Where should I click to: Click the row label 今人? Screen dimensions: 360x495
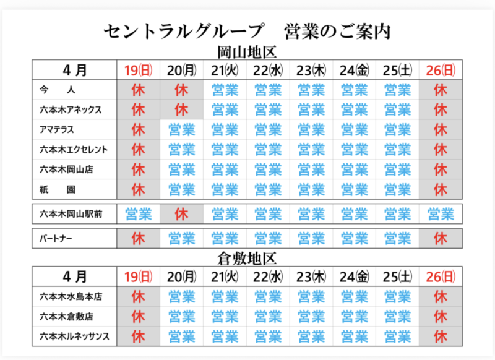[x=56, y=90]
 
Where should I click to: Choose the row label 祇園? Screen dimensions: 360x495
[x=56, y=188]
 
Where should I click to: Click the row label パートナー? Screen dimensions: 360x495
[x=56, y=237]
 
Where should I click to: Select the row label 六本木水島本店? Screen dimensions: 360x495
[x=67, y=297]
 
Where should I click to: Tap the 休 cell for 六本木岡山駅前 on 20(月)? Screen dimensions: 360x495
[x=181, y=214]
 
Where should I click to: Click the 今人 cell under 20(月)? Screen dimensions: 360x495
[x=181, y=90]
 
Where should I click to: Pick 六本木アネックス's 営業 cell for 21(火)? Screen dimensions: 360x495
[x=225, y=110]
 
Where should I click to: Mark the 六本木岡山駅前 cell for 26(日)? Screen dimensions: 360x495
[x=441, y=214]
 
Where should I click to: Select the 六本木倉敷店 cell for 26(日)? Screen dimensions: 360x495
[x=441, y=317]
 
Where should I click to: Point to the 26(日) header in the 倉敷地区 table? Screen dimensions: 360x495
[x=441, y=276]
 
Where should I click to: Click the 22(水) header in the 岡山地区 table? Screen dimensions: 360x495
[x=268, y=70]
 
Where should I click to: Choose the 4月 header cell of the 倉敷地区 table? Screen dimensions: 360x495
[x=75, y=276]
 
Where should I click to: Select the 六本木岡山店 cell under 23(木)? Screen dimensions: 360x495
[x=311, y=169]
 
